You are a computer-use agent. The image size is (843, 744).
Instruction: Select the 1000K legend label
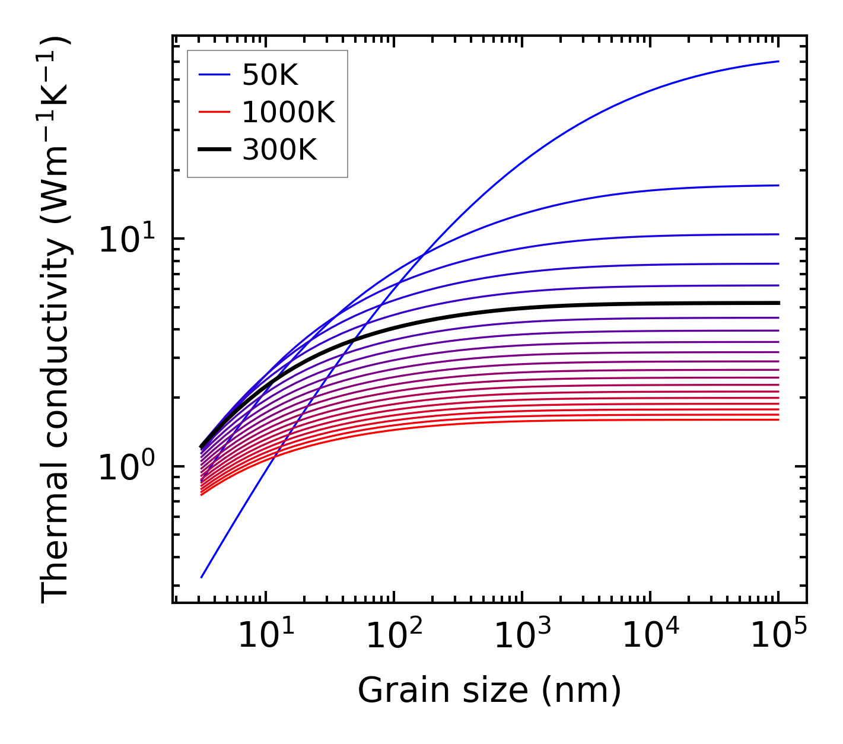pyautogui.click(x=288, y=112)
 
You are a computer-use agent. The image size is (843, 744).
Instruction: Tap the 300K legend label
pyautogui.click(x=279, y=150)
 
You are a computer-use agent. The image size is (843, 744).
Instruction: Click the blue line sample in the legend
pyautogui.click(x=214, y=75)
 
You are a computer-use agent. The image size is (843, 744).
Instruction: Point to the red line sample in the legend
pyautogui.click(x=214, y=112)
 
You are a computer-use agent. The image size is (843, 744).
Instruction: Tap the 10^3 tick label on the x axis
pyautogui.click(x=521, y=636)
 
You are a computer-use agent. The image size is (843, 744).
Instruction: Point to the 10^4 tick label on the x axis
pyautogui.click(x=650, y=636)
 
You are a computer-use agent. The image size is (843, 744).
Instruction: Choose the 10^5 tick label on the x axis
pyautogui.click(x=778, y=636)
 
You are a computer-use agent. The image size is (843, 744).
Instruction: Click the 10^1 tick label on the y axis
pyautogui.click(x=126, y=239)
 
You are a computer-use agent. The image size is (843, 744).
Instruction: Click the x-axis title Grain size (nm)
pyautogui.click(x=489, y=691)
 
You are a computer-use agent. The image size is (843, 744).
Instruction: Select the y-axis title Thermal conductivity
pyautogui.click(x=56, y=320)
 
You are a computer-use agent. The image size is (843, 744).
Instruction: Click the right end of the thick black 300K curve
pyautogui.click(x=778, y=303)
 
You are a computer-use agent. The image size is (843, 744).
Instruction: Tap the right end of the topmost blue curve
pyautogui.click(x=778, y=61)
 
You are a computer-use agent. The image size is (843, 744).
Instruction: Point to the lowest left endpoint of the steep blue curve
pyautogui.click(x=202, y=577)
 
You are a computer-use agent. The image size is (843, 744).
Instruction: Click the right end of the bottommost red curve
pyautogui.click(x=778, y=420)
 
